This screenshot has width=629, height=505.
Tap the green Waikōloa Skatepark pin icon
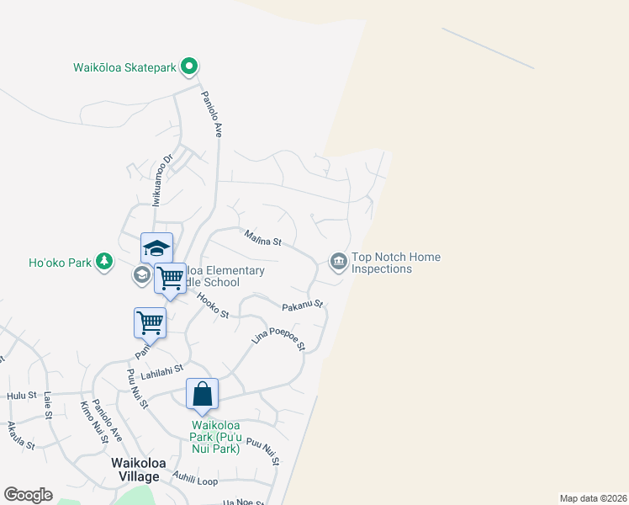190,65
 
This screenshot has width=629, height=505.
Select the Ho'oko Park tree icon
104,262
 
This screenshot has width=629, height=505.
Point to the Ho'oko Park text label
60,263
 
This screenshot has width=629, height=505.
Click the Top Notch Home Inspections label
395,263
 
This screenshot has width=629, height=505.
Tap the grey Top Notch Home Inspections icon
338,262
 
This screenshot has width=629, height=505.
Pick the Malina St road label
262,239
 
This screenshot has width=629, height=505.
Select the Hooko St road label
213,306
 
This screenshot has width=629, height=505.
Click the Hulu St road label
22,395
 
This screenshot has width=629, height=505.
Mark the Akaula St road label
20,435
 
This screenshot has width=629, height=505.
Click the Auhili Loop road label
195,481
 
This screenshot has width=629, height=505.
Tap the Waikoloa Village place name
135,470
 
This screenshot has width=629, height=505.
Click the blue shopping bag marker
203,394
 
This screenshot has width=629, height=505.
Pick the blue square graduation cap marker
156,247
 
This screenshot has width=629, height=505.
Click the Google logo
28,495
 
